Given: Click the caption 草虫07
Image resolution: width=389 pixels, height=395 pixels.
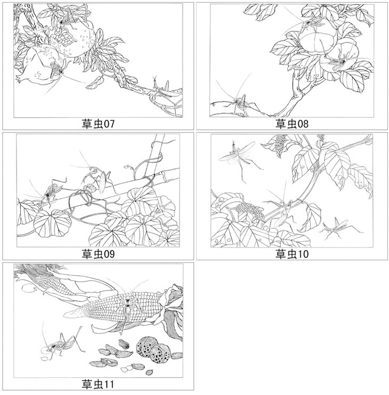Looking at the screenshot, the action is click(98, 124).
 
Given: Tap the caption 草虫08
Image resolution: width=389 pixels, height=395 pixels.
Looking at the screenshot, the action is click(292, 124).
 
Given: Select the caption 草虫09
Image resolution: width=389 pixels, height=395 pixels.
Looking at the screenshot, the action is click(98, 254).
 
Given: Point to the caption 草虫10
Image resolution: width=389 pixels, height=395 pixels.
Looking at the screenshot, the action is click(292, 254).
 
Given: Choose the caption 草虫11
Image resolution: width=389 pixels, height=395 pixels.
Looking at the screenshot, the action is click(98, 384).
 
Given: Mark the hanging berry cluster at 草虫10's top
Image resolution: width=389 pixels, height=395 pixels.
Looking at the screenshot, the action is click(280, 145).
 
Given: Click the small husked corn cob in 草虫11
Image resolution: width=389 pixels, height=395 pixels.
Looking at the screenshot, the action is click(51, 282).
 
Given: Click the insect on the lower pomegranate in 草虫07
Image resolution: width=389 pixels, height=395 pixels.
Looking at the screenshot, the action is click(56, 69).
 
